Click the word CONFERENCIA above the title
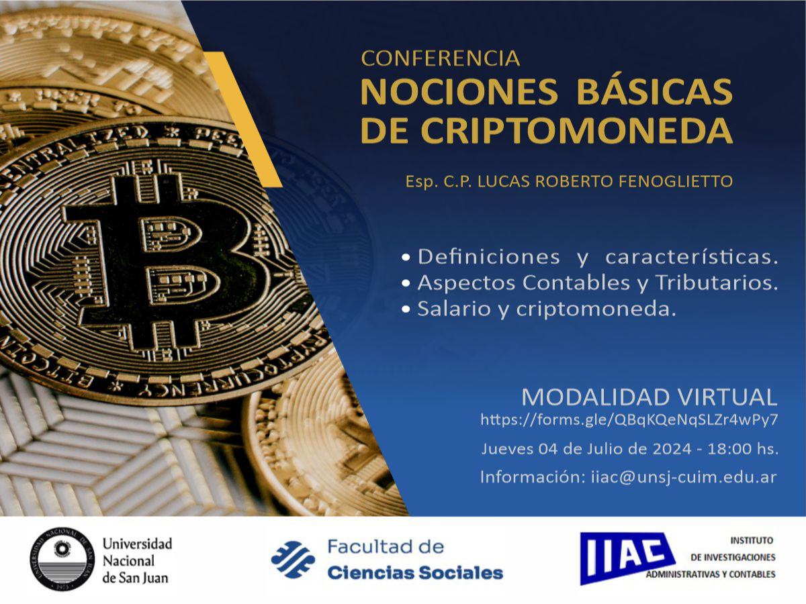[441, 58]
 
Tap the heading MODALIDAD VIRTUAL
[650, 397]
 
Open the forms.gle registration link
[629, 421]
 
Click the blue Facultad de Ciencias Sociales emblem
[294, 560]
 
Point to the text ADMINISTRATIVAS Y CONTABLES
[710, 574]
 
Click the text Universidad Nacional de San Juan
[136, 560]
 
